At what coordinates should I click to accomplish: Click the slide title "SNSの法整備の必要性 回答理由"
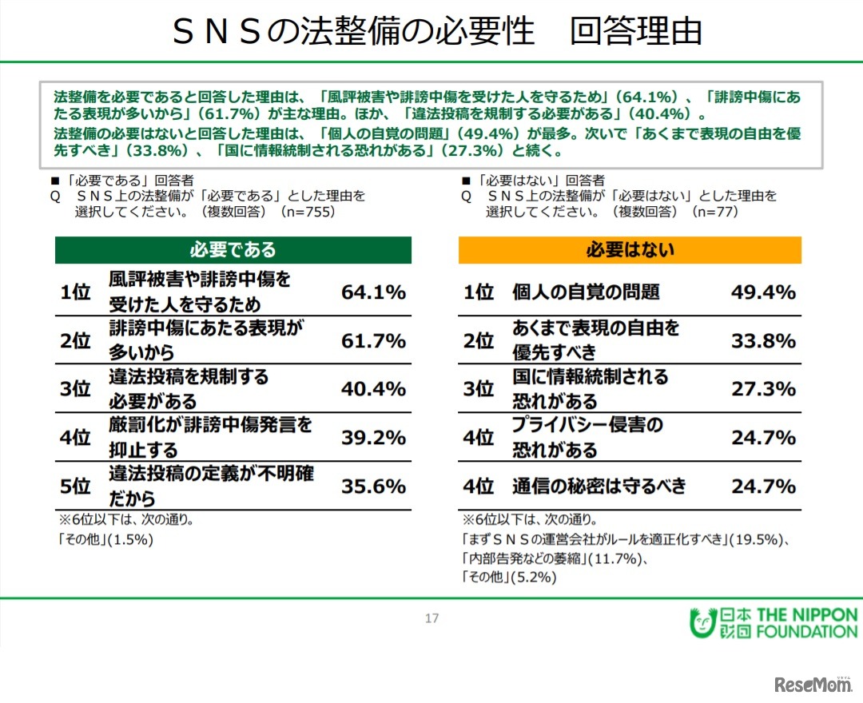tap(437, 32)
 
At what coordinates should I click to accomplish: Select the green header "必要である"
tap(233, 250)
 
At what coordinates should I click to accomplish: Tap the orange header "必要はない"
tap(630, 250)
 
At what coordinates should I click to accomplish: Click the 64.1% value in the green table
tap(373, 292)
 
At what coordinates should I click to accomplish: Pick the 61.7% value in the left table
tap(373, 341)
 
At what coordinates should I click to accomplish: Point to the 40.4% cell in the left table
tap(373, 389)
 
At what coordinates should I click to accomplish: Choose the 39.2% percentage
tap(373, 438)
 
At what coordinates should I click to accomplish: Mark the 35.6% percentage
tap(373, 487)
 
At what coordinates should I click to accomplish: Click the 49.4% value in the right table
tap(763, 292)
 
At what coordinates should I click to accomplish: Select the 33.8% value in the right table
tap(763, 341)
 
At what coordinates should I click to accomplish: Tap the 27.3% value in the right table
tap(763, 389)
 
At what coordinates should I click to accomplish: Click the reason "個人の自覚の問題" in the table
tap(586, 292)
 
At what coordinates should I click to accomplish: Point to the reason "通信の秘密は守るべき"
tap(599, 487)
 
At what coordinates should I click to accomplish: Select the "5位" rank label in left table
tap(76, 487)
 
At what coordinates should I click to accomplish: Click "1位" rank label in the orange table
tap(479, 292)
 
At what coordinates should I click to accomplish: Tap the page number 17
tap(431, 618)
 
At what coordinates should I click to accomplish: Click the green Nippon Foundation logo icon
tap(701, 623)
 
